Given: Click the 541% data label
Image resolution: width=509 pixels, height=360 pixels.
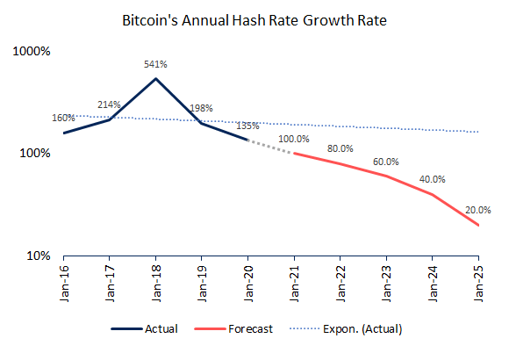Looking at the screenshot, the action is pos(155,64).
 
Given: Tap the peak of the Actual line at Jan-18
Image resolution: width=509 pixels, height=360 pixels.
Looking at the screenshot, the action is pos(156,78).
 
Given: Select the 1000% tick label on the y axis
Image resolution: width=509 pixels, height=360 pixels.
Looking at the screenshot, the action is pos(32,51).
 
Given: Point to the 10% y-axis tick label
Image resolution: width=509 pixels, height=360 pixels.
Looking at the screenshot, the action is pos(39,256).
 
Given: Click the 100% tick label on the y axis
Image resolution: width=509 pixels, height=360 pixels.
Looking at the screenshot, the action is pos(35,153).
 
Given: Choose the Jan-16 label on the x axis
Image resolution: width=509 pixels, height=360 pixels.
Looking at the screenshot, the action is pos(64,284).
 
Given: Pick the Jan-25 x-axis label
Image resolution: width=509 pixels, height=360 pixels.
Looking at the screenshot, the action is pos(478,284).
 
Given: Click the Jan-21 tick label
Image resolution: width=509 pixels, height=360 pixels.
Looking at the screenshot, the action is pos(294,284).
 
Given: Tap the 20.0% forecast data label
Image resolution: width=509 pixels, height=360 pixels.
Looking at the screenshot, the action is pos(477,210).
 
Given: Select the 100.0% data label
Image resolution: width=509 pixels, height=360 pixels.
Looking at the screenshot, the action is pos(294,139).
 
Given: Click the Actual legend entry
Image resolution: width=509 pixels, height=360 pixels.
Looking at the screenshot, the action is pos(145,328).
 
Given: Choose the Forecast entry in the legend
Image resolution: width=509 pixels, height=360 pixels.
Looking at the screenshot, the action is pos(233,328).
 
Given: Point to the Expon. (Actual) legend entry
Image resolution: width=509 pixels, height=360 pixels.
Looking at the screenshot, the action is pos(346,328).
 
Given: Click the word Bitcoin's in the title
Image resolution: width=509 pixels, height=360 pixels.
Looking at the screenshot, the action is pos(150,20).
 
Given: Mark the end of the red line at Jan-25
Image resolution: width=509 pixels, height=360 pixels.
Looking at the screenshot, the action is pos(478,225).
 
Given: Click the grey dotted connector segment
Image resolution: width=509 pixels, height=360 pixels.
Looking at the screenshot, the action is pos(270,147).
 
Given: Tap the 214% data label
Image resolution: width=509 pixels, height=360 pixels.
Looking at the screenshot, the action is pos(109,104).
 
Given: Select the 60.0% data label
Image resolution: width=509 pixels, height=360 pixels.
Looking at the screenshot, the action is pos(386,162).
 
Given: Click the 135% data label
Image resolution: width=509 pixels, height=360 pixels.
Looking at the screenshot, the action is pos(247,126).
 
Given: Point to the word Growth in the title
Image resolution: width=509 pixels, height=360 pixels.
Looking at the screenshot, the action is pos(328,20).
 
